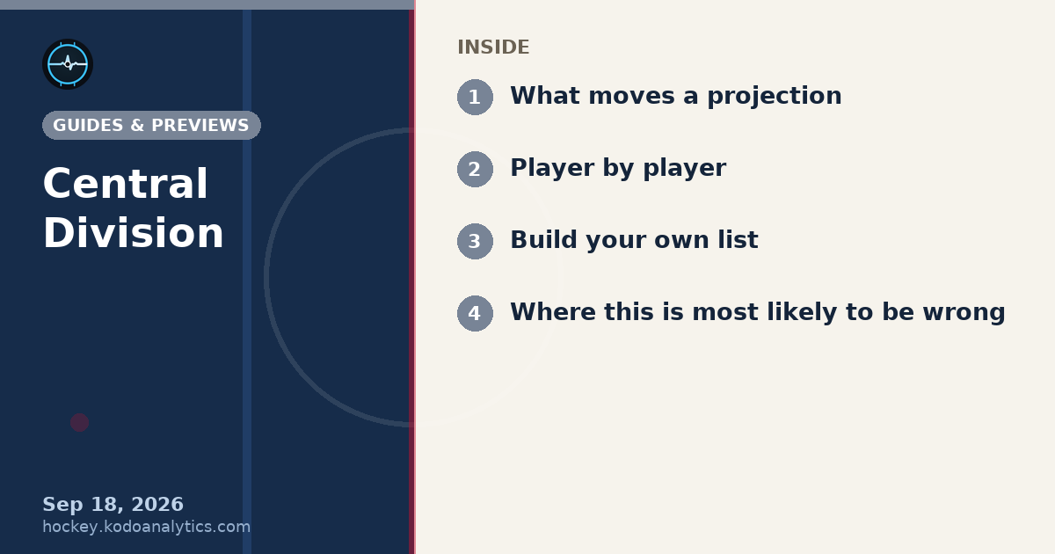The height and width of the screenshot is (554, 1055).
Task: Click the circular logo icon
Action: click(x=68, y=64)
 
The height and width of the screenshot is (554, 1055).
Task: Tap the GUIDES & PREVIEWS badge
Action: click(x=151, y=125)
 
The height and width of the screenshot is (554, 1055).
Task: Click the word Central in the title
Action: click(x=125, y=184)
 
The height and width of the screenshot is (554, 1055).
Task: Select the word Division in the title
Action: click(x=134, y=233)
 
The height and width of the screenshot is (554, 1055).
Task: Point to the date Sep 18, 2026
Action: click(x=113, y=505)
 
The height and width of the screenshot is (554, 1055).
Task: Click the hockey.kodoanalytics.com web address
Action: click(x=147, y=527)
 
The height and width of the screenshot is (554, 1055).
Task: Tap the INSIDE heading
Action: click(x=493, y=47)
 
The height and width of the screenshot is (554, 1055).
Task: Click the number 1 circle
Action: click(x=476, y=97)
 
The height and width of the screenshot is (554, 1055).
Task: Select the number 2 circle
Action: click(x=476, y=169)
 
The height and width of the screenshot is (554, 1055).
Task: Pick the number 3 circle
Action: click(x=476, y=241)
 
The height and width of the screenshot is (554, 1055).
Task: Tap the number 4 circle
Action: click(x=476, y=313)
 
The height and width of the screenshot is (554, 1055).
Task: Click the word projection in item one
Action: click(x=775, y=97)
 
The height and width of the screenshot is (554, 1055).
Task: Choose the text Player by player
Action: click(x=618, y=168)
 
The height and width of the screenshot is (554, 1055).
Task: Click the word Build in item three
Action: click(x=544, y=240)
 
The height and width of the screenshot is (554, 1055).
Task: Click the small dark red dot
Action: click(x=80, y=423)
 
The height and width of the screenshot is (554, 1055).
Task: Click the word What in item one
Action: click(x=545, y=96)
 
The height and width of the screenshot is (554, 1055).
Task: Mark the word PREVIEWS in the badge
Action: click(x=200, y=125)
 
